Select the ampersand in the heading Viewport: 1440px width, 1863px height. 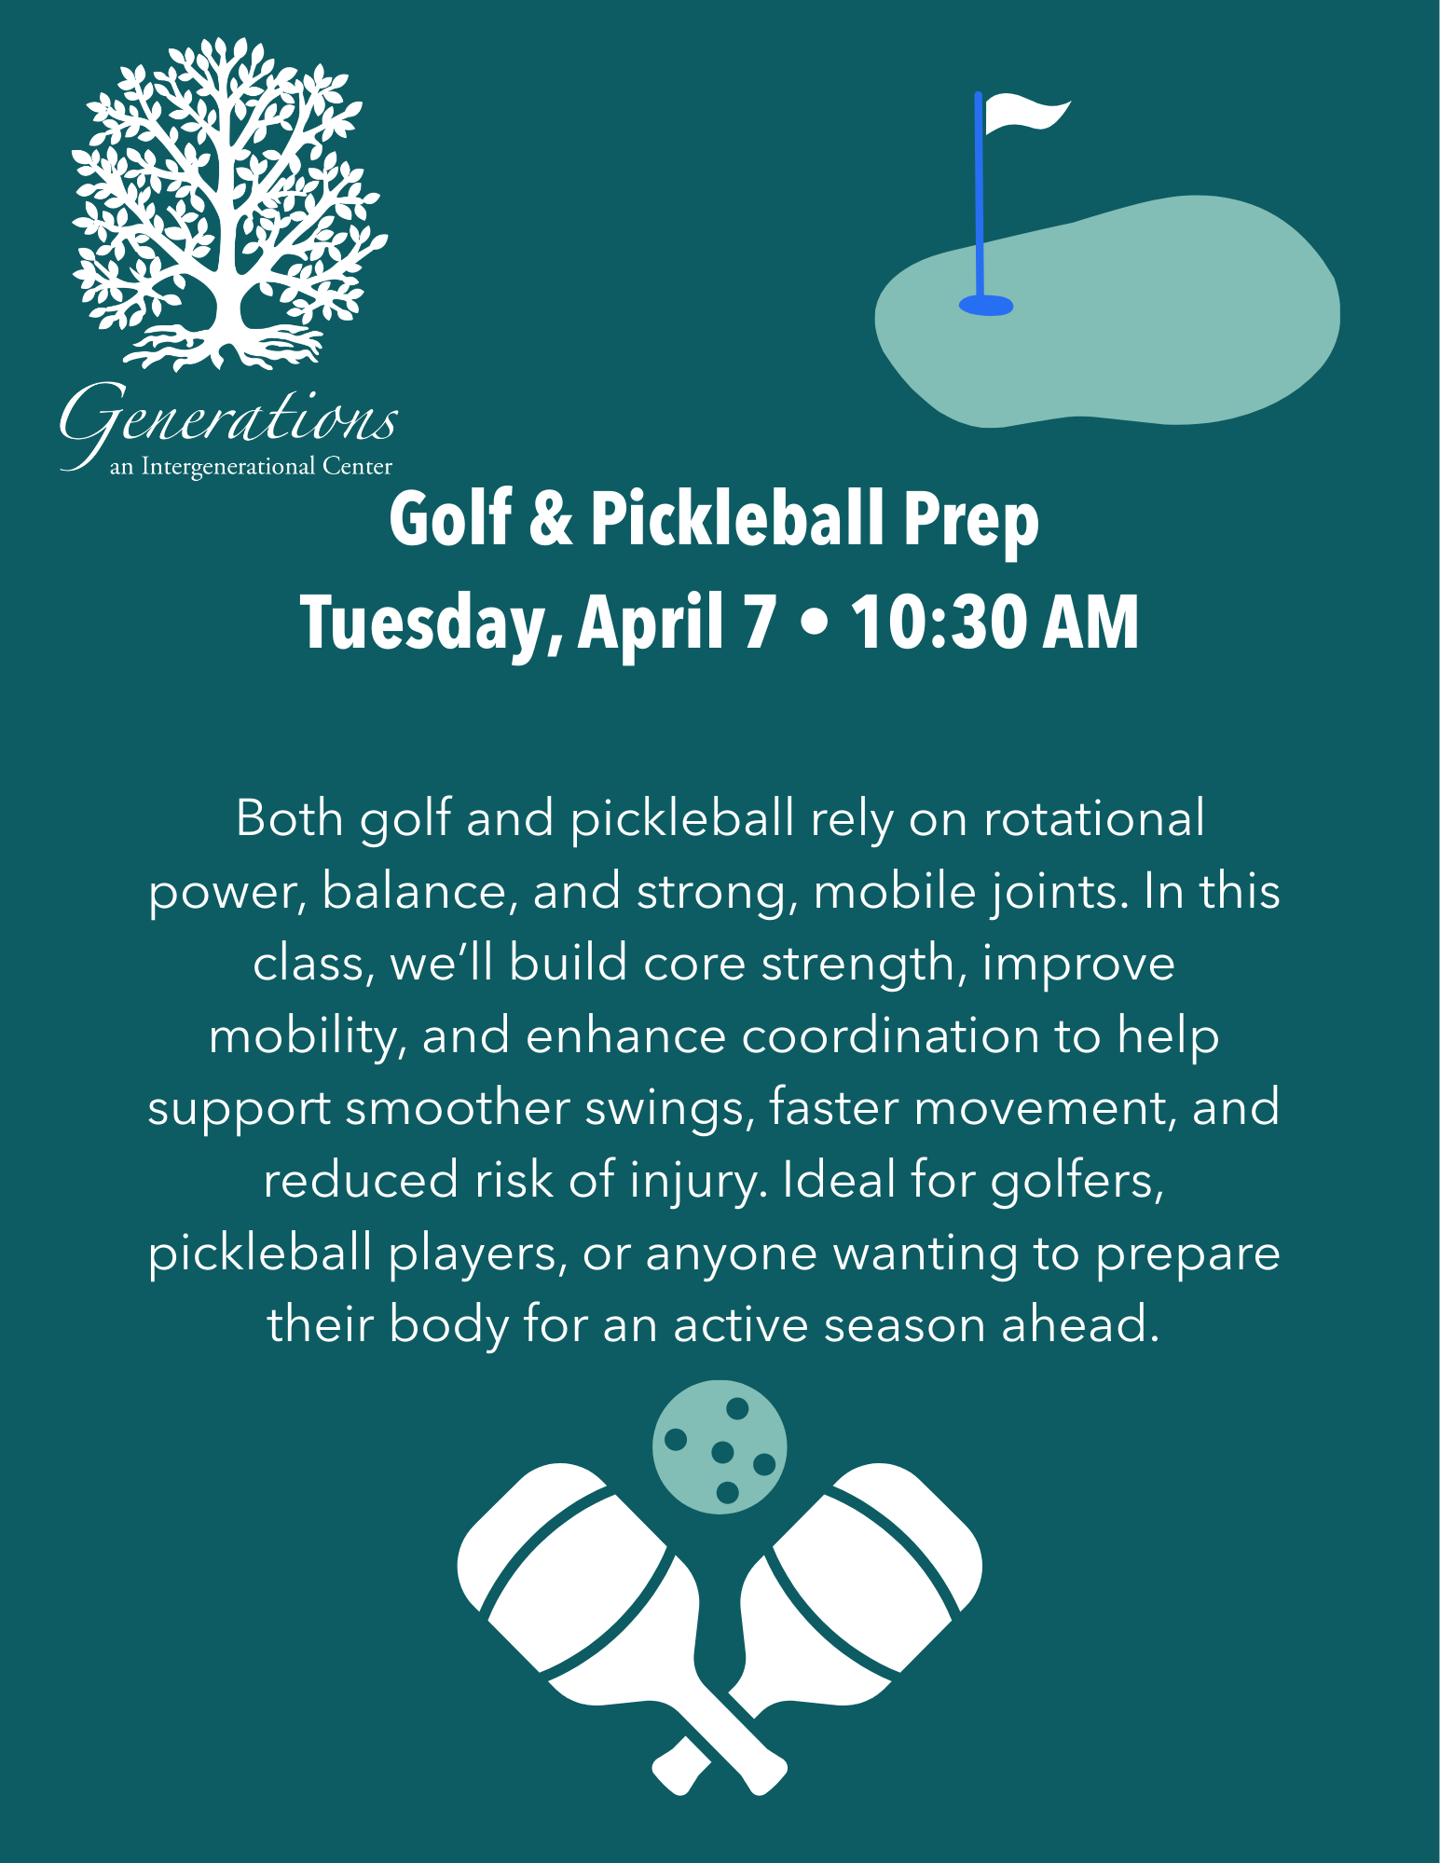click(x=552, y=519)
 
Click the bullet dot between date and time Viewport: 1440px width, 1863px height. click(x=814, y=623)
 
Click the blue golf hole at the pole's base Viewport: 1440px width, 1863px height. click(x=985, y=305)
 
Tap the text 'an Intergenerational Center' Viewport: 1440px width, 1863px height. click(x=251, y=466)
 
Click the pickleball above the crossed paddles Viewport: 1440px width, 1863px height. click(x=720, y=1446)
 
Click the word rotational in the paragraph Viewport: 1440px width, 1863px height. click(x=1094, y=818)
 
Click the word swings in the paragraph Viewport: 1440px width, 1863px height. click(x=669, y=1110)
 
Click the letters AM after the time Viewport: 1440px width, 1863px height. click(x=1091, y=622)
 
